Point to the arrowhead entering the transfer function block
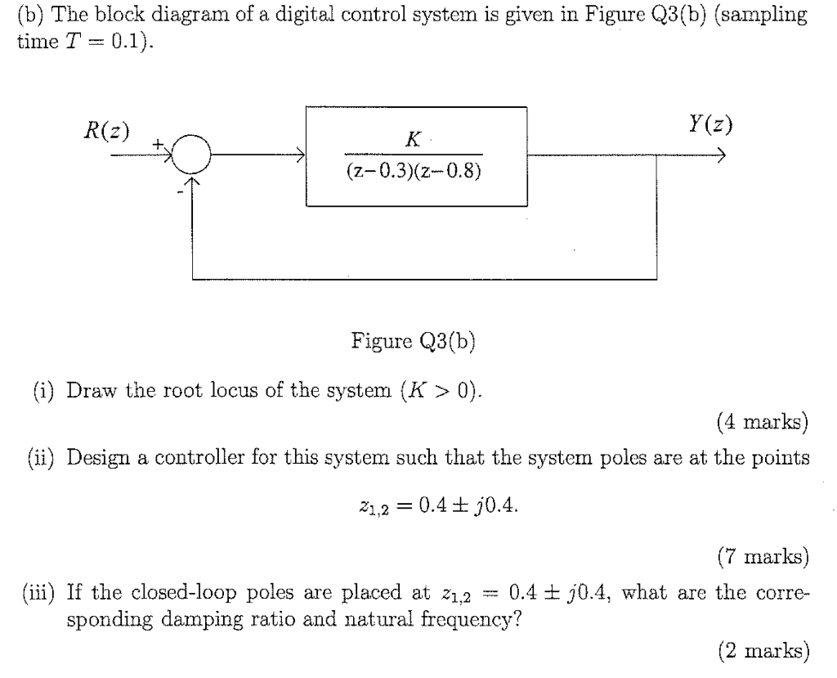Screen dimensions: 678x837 point(301,155)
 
